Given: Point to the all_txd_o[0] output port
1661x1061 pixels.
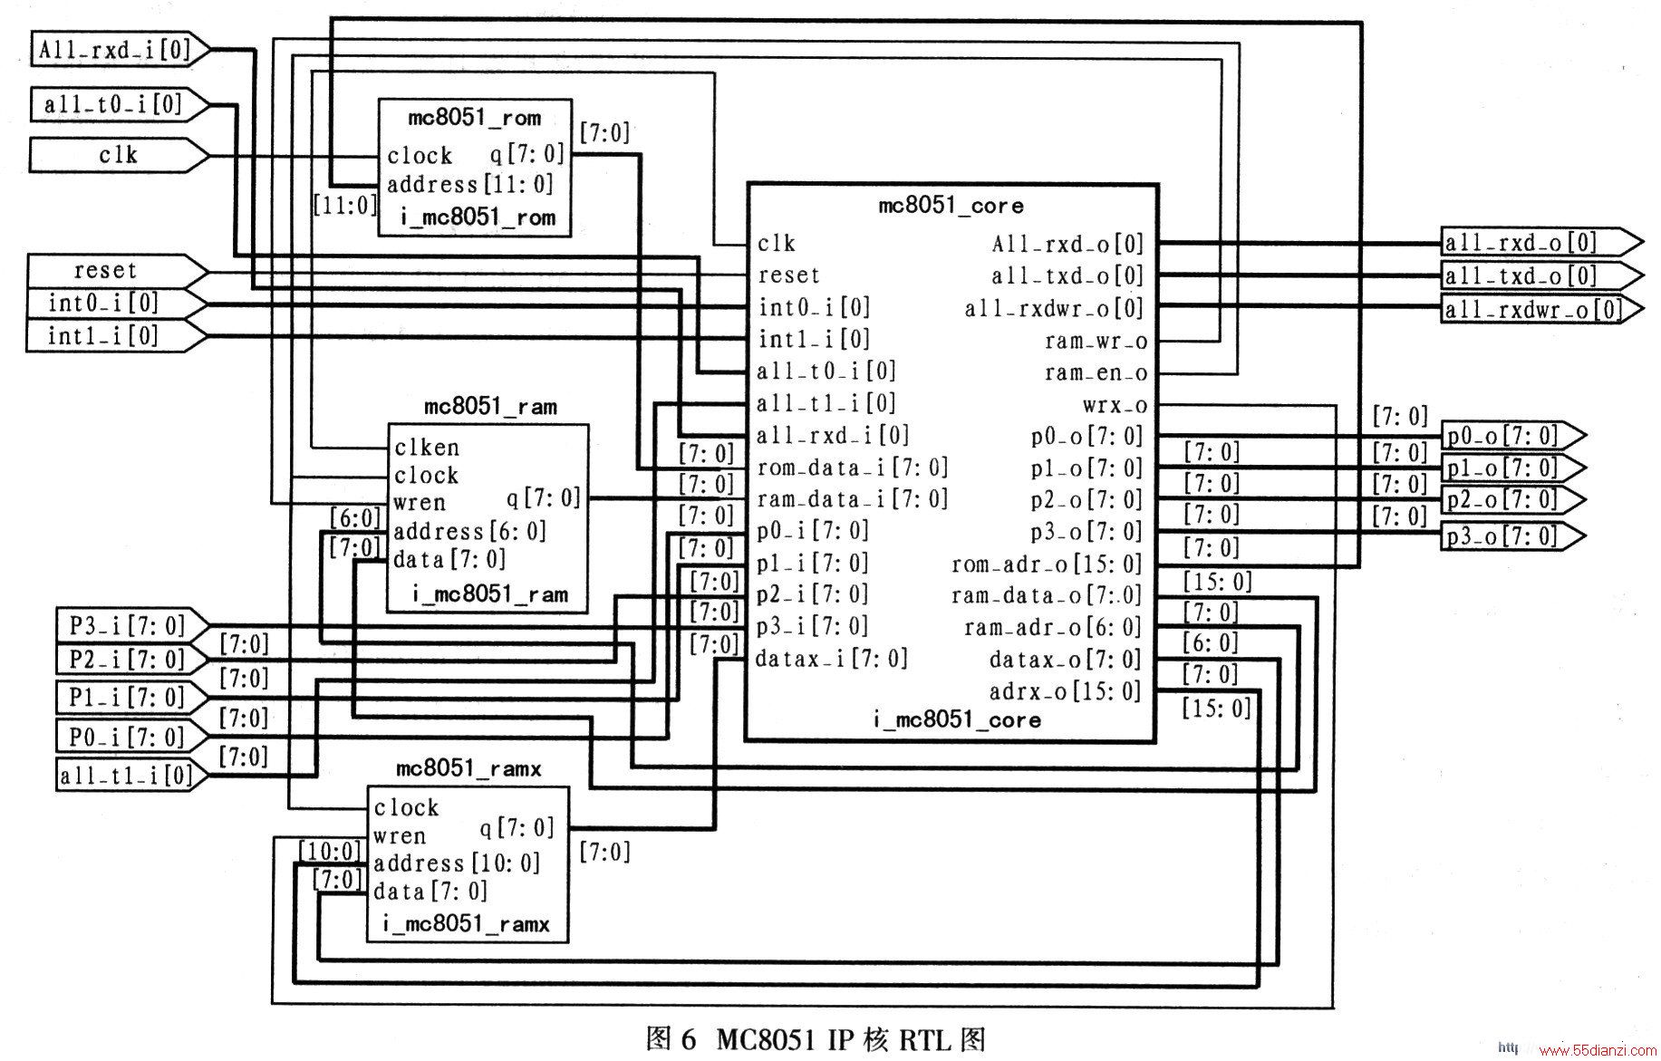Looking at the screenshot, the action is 1541,275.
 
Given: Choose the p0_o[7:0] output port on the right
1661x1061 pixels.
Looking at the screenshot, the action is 1513,436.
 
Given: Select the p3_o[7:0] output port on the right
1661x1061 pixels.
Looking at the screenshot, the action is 1513,536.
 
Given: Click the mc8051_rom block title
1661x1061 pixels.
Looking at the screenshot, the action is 474,118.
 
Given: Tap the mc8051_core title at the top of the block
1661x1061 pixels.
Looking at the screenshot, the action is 951,206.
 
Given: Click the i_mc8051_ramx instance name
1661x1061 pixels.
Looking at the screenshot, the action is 467,925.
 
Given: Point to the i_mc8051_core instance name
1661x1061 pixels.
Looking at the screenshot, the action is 957,720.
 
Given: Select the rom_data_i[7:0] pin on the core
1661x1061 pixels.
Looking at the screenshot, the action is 852,468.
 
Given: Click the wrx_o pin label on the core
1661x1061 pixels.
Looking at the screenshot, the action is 1115,405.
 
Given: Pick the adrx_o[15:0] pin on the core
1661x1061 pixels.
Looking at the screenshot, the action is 1066,692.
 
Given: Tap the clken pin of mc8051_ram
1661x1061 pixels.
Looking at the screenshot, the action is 427,448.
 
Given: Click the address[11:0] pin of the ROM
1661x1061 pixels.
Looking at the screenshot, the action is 470,185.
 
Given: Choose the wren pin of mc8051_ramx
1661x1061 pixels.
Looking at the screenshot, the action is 400,836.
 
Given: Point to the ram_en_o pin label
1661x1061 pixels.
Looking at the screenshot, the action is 1096,373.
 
